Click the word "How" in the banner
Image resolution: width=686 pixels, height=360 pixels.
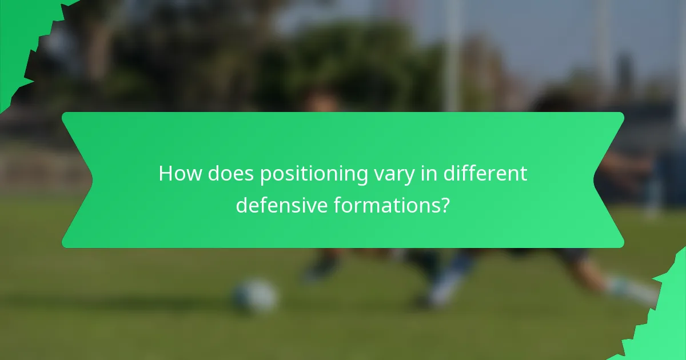[180, 174]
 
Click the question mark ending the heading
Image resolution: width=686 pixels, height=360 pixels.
[445, 205]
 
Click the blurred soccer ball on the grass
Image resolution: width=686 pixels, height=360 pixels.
[255, 296]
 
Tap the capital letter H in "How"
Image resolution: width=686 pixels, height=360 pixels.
[166, 174]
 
